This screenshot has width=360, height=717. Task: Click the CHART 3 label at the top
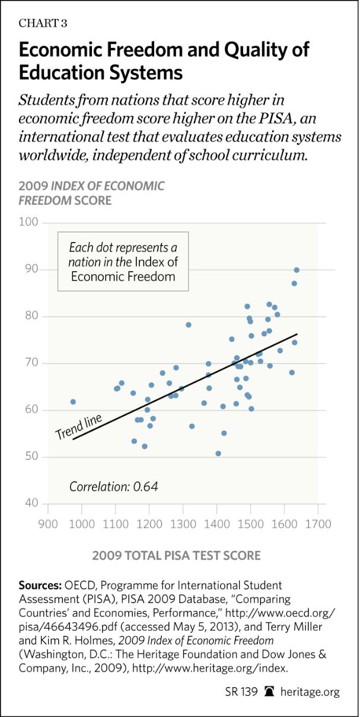click(x=43, y=23)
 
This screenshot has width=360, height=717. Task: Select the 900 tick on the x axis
click(x=47, y=524)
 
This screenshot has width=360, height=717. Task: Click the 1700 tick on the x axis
click(x=318, y=524)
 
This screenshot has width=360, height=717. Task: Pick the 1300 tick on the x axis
click(x=183, y=524)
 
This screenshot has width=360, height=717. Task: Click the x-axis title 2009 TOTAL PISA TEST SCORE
click(x=176, y=556)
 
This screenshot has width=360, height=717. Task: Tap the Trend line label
click(x=78, y=426)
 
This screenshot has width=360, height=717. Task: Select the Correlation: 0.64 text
click(x=114, y=487)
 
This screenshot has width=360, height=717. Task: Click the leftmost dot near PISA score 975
click(x=73, y=401)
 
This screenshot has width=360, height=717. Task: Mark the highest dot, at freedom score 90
click(x=297, y=270)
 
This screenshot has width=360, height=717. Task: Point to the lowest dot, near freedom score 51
click(x=218, y=453)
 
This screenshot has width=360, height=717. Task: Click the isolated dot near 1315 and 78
click(x=189, y=325)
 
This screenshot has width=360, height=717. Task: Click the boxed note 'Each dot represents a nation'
click(x=123, y=262)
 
